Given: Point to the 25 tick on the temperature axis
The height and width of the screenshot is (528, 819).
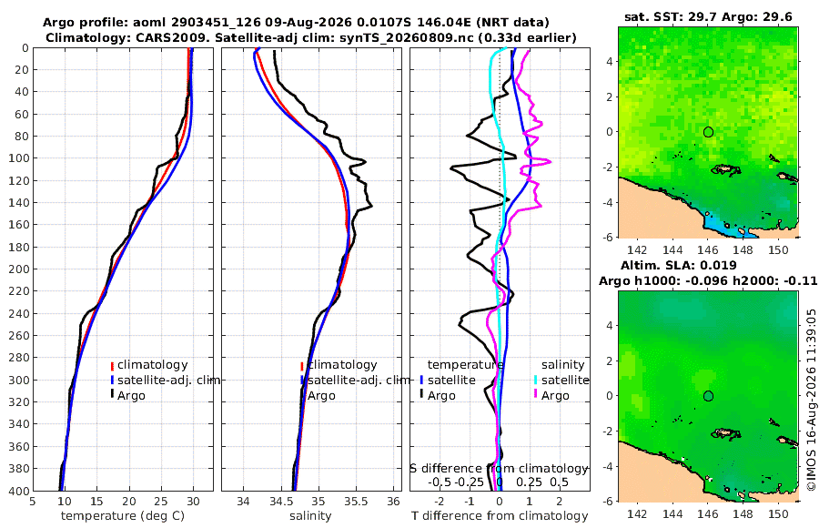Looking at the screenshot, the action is pos(161,501).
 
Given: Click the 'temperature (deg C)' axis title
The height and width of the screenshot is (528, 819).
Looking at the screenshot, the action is pos(123,516).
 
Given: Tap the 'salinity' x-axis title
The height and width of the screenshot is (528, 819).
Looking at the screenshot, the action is pos(311,516).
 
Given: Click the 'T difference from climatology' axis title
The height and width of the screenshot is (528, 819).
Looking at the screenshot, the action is pos(500,516).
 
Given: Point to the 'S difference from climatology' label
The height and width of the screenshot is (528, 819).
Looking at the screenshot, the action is pos(499,468).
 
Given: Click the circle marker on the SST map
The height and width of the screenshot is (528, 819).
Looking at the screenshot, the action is pos(708,132).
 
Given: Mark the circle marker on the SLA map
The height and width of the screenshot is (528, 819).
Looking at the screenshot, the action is pos(708,396).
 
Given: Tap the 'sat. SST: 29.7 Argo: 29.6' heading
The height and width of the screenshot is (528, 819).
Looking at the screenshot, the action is pos(708,17).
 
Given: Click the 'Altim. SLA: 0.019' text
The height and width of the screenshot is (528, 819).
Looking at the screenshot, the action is pos(679,266).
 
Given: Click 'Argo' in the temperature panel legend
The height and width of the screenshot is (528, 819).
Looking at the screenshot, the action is pos(131,395).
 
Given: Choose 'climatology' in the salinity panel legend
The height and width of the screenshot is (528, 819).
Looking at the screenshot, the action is pos(342,365).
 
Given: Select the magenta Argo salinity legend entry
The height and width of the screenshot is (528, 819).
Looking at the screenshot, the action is pos(555,395).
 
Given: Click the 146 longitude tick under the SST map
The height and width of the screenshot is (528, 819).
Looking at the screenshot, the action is pos(708,250).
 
